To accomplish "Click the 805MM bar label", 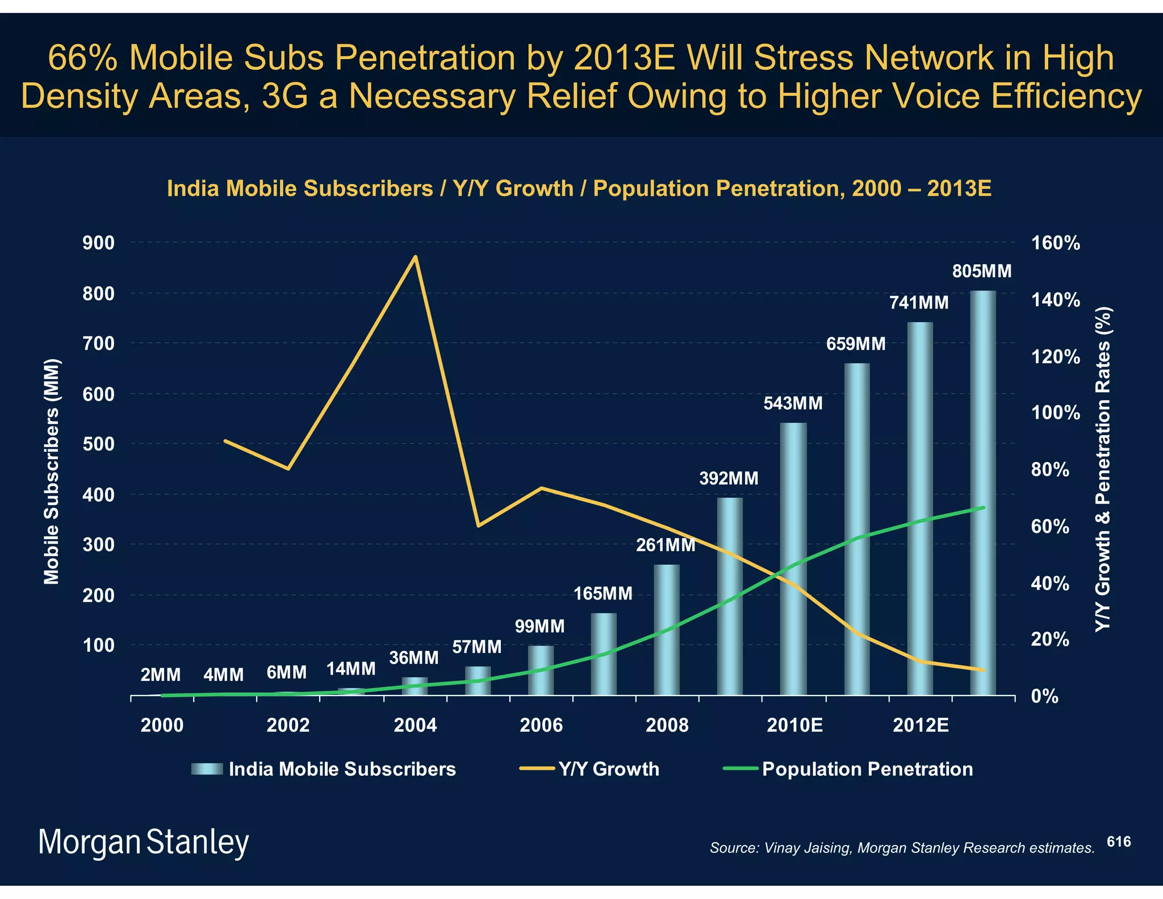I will click(x=982, y=271).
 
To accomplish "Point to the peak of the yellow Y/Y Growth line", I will click(x=416, y=257).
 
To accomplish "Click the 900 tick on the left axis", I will click(x=98, y=243).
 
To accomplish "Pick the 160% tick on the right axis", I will click(x=1055, y=243).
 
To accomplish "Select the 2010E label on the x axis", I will click(x=794, y=725).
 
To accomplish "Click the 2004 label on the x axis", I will click(x=415, y=725).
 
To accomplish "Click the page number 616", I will click(x=1119, y=842).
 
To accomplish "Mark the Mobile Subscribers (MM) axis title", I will click(x=52, y=471).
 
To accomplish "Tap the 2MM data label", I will click(x=161, y=675).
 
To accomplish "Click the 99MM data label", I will click(x=539, y=626).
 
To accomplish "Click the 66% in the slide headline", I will click(x=84, y=58).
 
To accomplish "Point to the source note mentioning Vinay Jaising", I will click(x=902, y=848).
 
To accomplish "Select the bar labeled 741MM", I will click(x=920, y=508).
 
